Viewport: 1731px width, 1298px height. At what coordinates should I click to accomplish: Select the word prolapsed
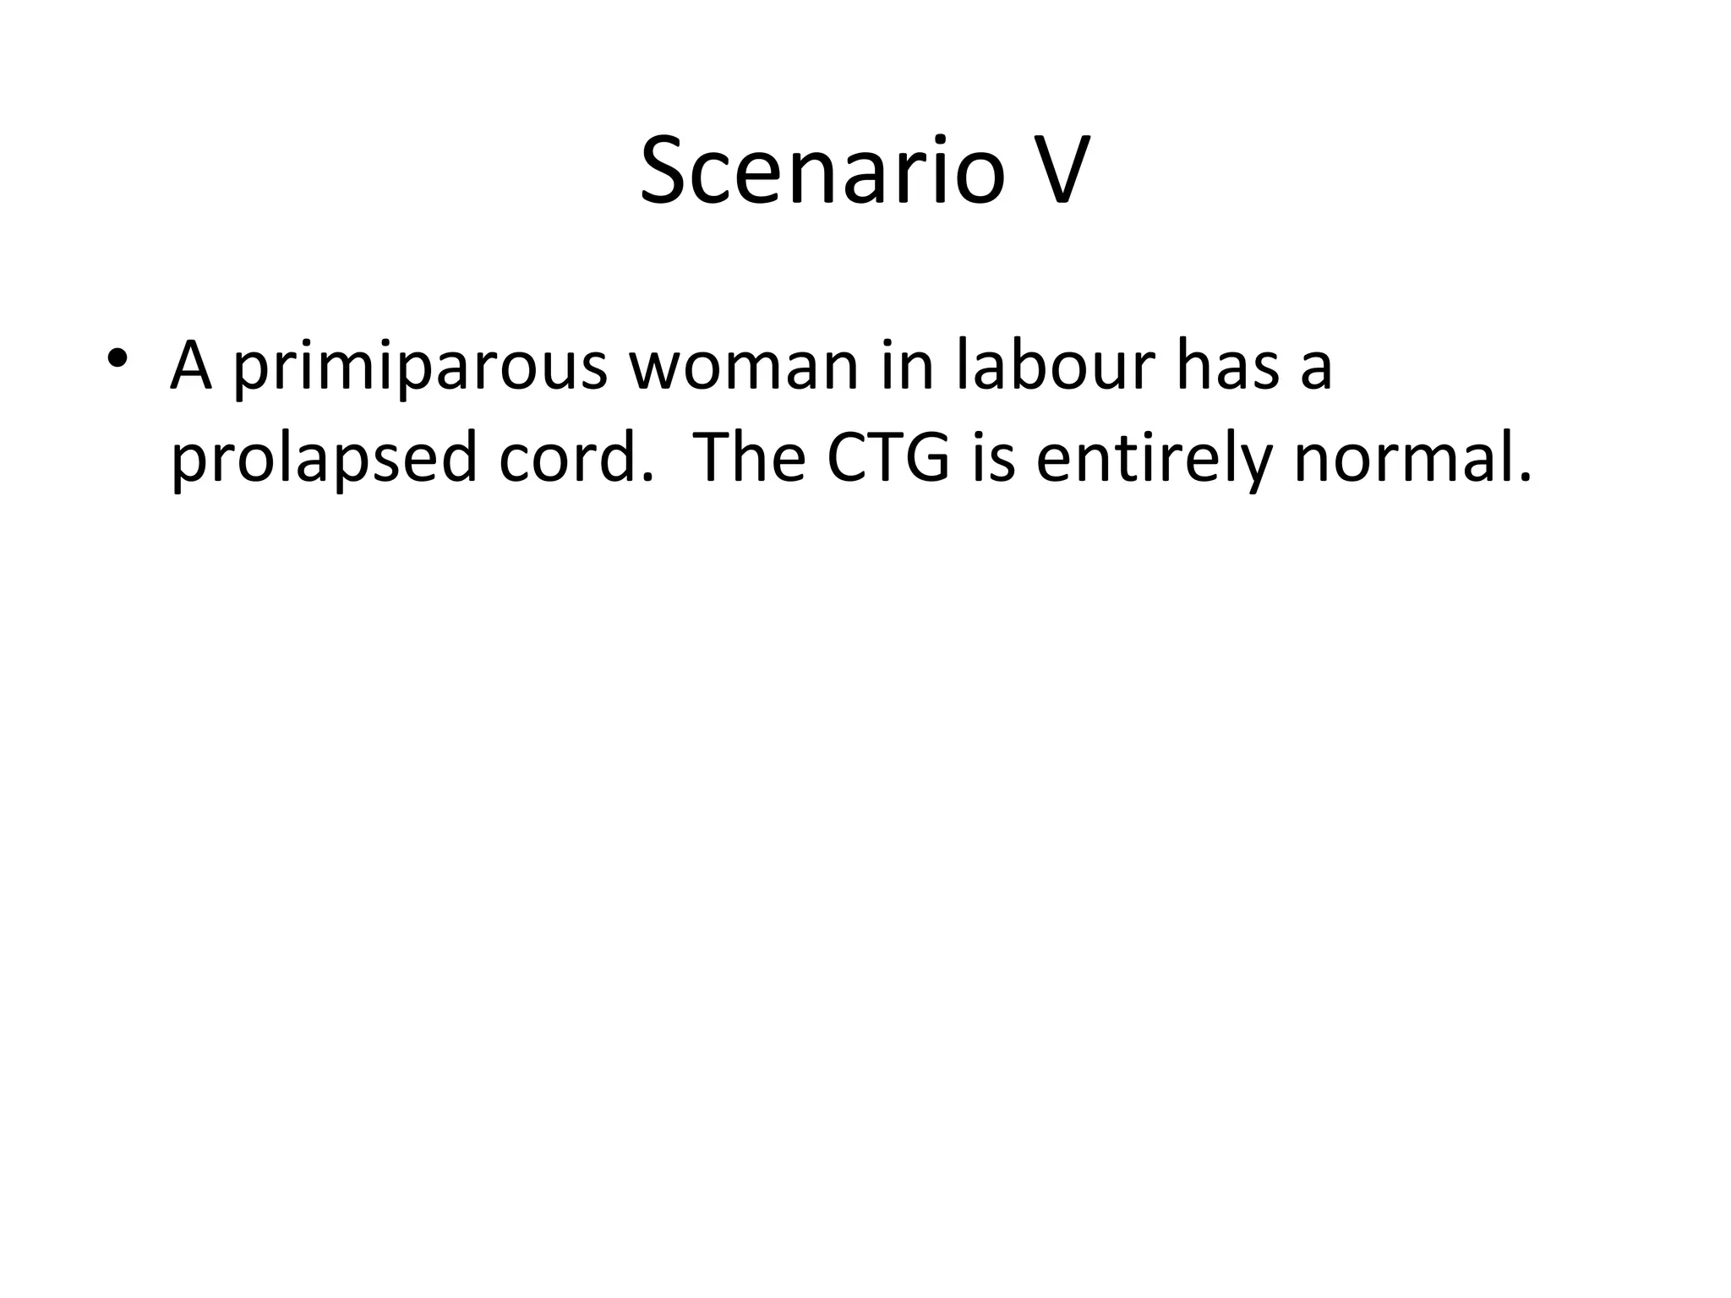coord(324,461)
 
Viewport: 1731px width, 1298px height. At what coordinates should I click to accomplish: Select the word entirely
coord(1153,461)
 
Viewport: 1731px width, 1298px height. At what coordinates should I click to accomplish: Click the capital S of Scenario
coord(667,172)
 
